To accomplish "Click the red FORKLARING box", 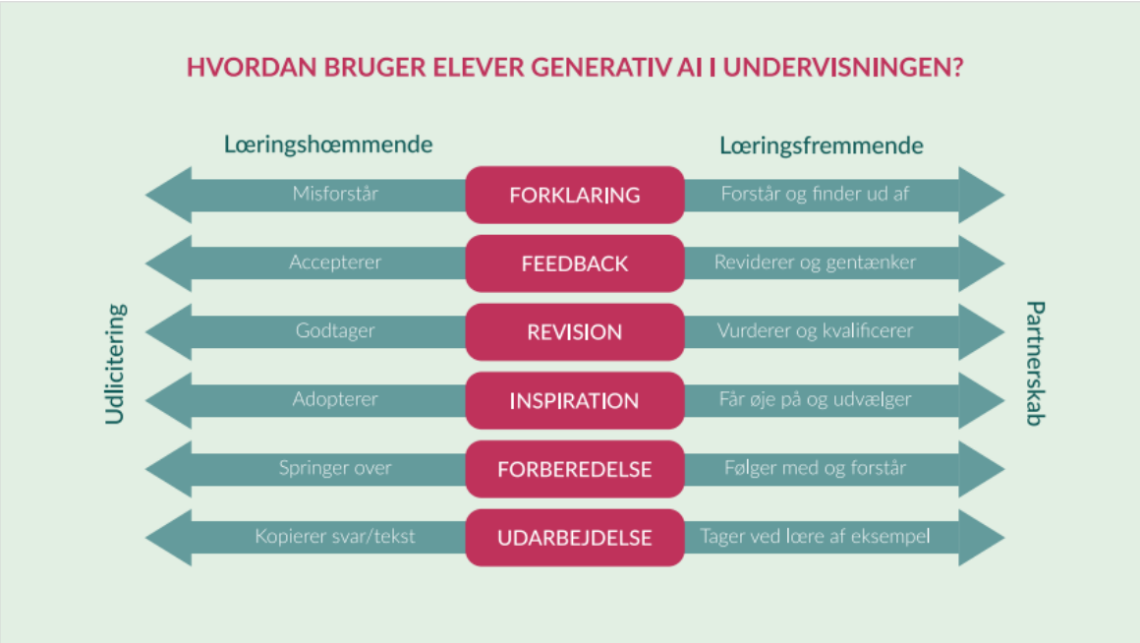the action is coord(574,195).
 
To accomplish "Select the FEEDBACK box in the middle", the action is coord(574,263).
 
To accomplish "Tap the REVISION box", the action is coord(574,331).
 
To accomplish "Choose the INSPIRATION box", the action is coord(574,400).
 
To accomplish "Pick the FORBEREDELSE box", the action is coord(574,469).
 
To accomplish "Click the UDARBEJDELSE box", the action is coord(574,538).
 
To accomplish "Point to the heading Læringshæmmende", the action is coord(328,144).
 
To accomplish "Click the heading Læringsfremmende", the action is coord(822,146).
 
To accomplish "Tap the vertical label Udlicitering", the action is coord(115,364).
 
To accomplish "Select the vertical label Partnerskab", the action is coord(1035,363).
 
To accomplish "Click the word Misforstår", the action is coord(335,194).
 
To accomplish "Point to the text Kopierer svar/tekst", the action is coord(334,536).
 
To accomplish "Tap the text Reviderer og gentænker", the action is coord(815,262).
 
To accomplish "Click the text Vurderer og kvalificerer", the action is coord(815,330).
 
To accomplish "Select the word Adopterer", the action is coord(335,399).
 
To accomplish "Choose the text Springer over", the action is coord(335,468).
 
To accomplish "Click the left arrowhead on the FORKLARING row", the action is coord(169,195).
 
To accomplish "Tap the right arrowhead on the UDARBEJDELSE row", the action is coord(982,538).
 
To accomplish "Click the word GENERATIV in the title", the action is coord(601,67).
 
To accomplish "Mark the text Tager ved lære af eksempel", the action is coord(815,536).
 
